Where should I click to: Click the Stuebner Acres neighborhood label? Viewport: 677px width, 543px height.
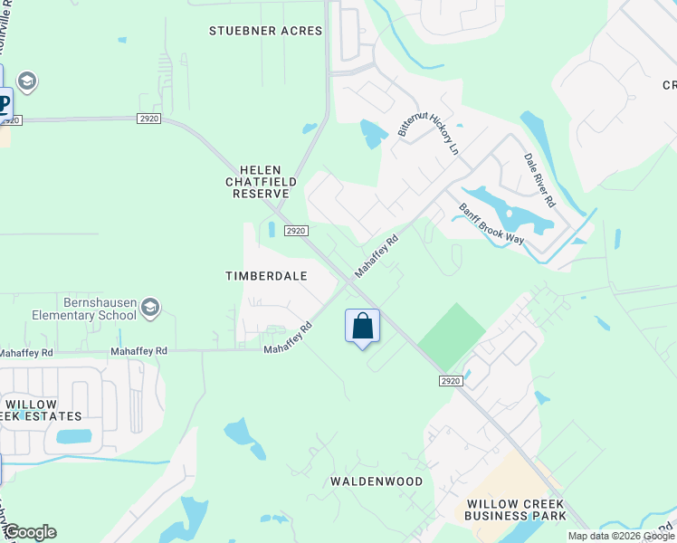[265, 31]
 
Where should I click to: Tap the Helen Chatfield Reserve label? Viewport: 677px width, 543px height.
[261, 182]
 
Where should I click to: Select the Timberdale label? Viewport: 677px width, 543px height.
[267, 275]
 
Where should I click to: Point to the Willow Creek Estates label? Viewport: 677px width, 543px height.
[43, 410]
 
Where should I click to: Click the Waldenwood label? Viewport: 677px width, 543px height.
[376, 481]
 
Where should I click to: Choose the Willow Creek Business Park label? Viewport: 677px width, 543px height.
[515, 510]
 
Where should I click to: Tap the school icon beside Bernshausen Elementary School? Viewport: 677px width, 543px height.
[150, 310]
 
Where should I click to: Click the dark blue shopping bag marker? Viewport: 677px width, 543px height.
[362, 326]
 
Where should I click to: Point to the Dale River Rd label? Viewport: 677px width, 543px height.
[539, 180]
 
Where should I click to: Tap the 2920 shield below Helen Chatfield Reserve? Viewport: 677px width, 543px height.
[296, 232]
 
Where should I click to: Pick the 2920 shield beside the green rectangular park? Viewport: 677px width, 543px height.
[451, 381]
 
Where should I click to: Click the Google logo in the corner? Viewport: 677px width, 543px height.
[30, 532]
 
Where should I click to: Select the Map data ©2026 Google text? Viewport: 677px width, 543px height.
[621, 536]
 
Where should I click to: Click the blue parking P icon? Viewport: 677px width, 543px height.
[5, 102]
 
